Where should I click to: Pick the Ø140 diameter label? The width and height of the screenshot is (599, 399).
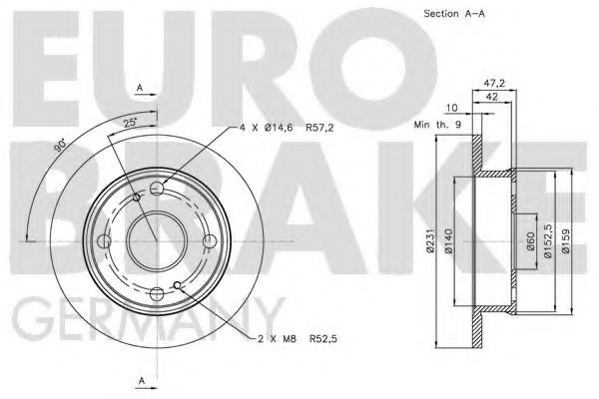pos(449,240)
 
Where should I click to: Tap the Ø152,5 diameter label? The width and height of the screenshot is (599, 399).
pos(548,240)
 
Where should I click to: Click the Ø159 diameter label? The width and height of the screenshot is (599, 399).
pos(565,240)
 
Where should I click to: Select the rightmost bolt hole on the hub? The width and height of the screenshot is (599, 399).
pos(207,240)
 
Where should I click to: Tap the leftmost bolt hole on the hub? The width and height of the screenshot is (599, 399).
pos(104,240)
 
